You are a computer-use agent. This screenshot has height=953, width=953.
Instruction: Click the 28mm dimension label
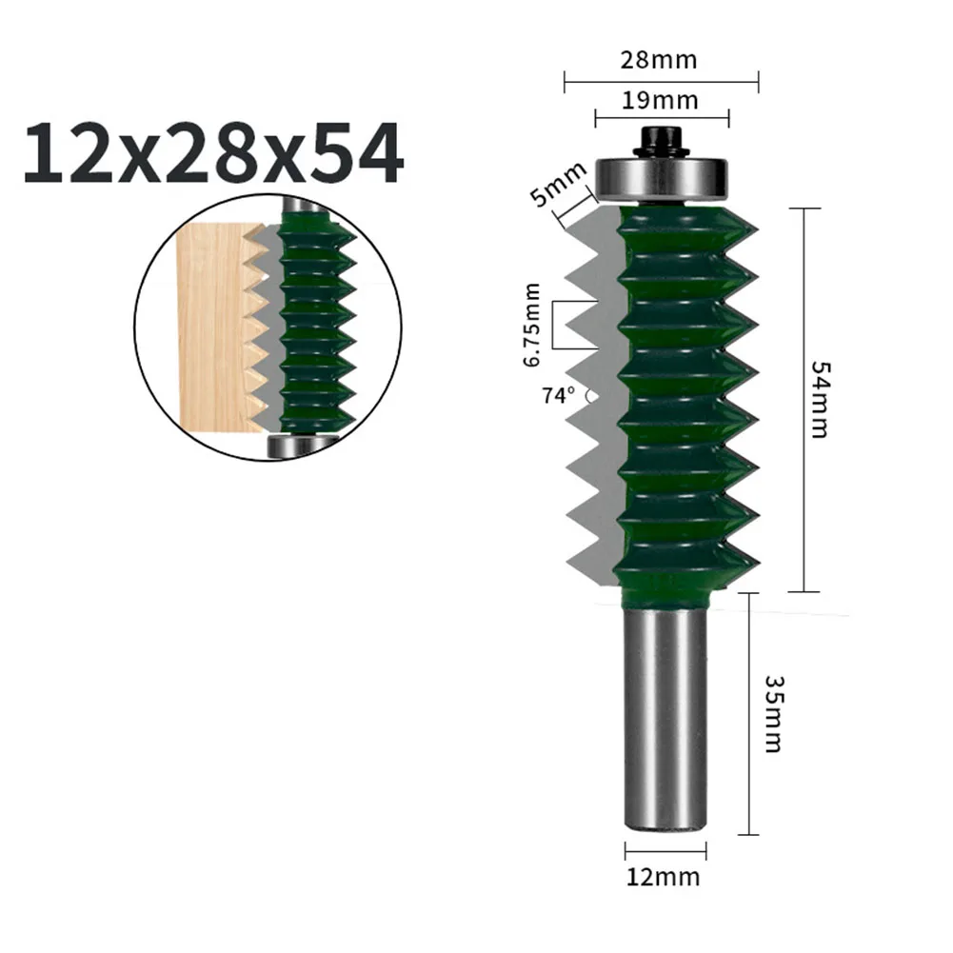pyautogui.click(x=660, y=60)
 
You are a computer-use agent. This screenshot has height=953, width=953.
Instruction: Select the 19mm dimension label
pyautogui.click(x=660, y=100)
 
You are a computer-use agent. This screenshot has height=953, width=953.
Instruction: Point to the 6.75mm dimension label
pyautogui.click(x=533, y=325)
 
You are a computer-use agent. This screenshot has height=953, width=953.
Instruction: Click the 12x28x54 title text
pyautogui.click(x=212, y=153)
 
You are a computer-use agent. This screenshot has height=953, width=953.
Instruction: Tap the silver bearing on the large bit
pyautogui.click(x=662, y=177)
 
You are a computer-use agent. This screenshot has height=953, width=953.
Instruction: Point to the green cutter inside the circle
pyautogui.click(x=314, y=324)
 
